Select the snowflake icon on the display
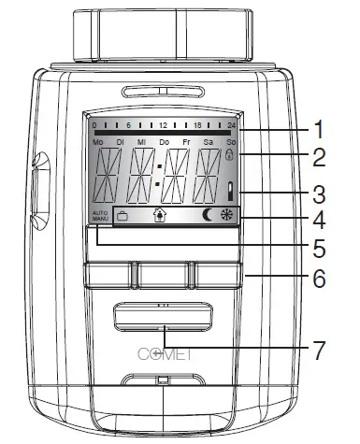tap(227, 216)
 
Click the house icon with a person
tap(160, 216)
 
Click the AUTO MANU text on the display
tap(100, 216)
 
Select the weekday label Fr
tap(187, 141)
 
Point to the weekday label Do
tap(164, 141)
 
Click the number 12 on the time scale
tap(163, 124)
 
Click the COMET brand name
tap(164, 353)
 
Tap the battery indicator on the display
tap(229, 193)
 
